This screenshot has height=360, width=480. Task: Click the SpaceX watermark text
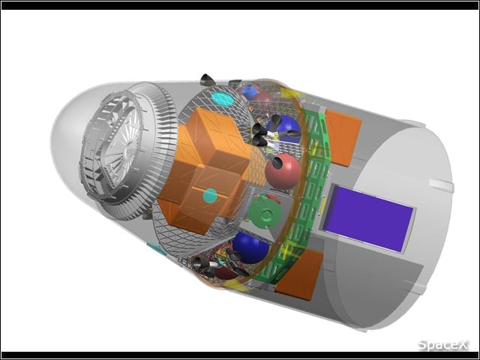(442, 345)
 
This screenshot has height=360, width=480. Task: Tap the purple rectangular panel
(369, 218)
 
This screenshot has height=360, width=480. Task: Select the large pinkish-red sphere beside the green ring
(283, 172)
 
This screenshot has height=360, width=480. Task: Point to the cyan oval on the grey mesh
(222, 98)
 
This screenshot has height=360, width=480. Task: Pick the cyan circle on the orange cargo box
(210, 196)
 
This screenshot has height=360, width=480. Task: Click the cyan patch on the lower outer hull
(157, 248)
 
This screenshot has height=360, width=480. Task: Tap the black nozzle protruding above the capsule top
(207, 79)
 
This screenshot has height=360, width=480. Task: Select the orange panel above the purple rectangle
(343, 138)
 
